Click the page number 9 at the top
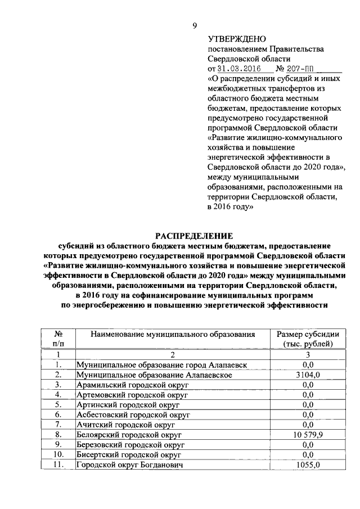195,26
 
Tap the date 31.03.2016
236,69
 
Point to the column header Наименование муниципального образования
173,334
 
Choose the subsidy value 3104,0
307,375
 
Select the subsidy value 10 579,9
307,435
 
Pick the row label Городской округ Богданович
130,465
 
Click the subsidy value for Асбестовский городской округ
307,415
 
